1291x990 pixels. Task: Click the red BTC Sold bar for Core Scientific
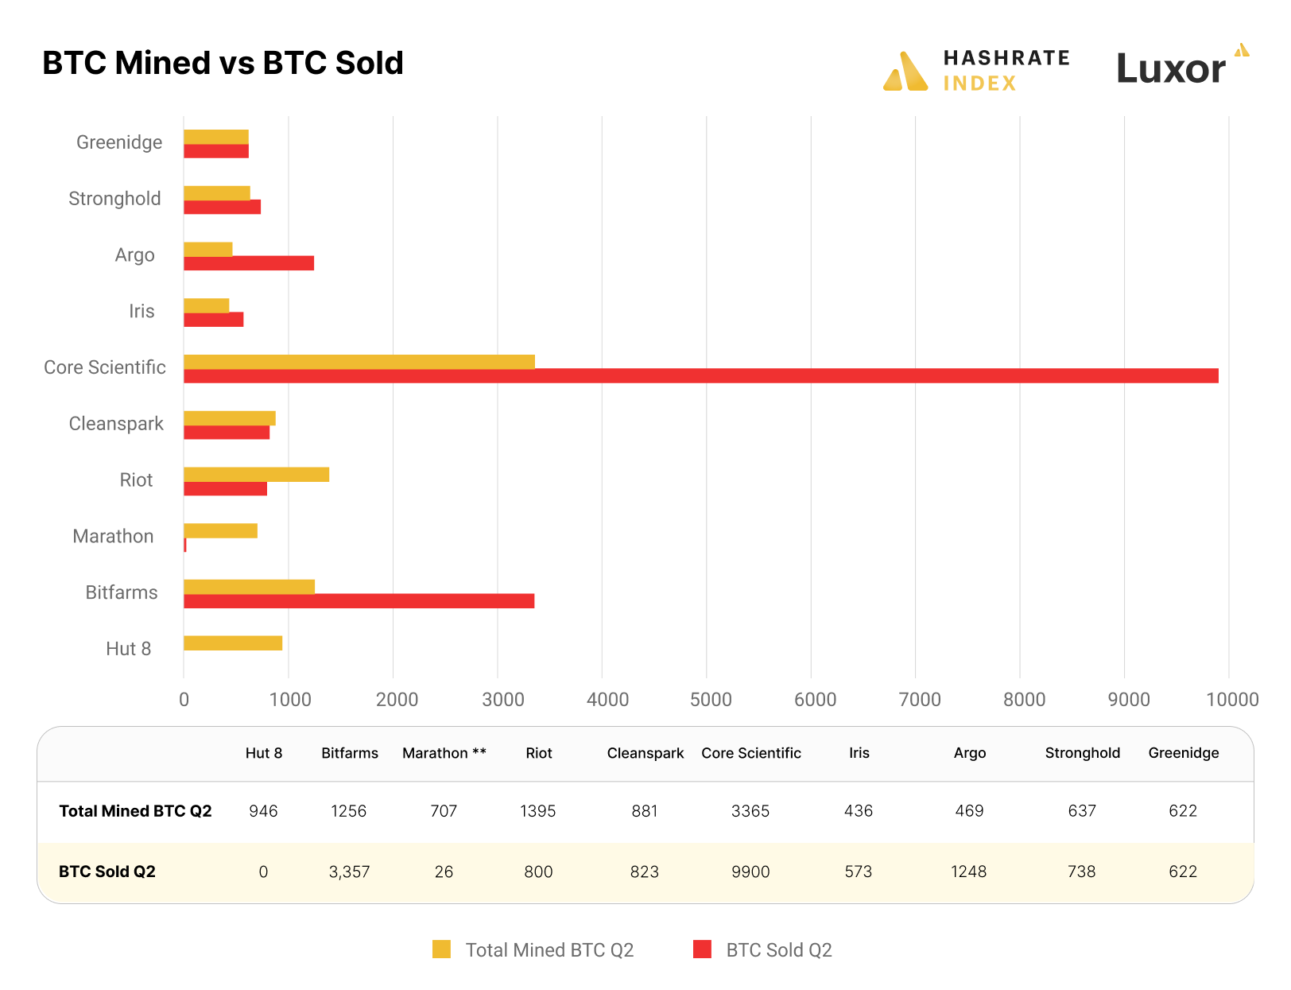pyautogui.click(x=700, y=376)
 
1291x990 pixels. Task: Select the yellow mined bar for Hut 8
pyautogui.click(x=233, y=643)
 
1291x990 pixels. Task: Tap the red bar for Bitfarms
pyautogui.click(x=359, y=601)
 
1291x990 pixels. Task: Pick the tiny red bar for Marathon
pyautogui.click(x=185, y=545)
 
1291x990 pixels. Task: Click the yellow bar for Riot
pyautogui.click(x=256, y=475)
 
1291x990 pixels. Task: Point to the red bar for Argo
pyautogui.click(x=249, y=263)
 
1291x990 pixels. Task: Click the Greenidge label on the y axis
pyautogui.click(x=119, y=142)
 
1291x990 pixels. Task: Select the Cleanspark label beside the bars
pyautogui.click(x=116, y=424)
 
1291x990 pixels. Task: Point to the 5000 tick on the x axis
pyautogui.click(x=711, y=700)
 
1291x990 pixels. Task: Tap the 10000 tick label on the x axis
pyautogui.click(x=1231, y=700)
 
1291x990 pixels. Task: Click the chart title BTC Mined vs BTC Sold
pyautogui.click(x=223, y=64)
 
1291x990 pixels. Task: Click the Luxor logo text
pyautogui.click(x=1170, y=69)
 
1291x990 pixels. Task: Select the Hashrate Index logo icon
pyautogui.click(x=905, y=72)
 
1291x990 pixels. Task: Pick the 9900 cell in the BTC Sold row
pyautogui.click(x=750, y=872)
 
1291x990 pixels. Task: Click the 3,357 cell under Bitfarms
pyautogui.click(x=349, y=872)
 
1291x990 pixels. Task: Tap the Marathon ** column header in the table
pyautogui.click(x=444, y=753)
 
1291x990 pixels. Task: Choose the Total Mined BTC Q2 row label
pyautogui.click(x=135, y=811)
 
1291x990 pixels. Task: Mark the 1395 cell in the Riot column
pyautogui.click(x=538, y=811)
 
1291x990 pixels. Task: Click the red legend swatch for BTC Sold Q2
pyautogui.click(x=702, y=949)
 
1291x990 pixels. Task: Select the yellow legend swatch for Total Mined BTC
pyautogui.click(x=441, y=949)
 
